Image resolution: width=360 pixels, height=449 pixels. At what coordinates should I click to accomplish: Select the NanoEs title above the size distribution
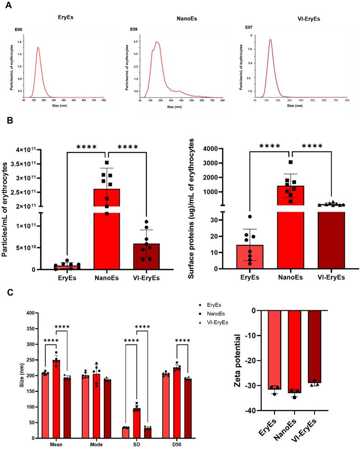184,17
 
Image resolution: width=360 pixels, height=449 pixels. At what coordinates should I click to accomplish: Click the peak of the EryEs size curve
38,47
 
